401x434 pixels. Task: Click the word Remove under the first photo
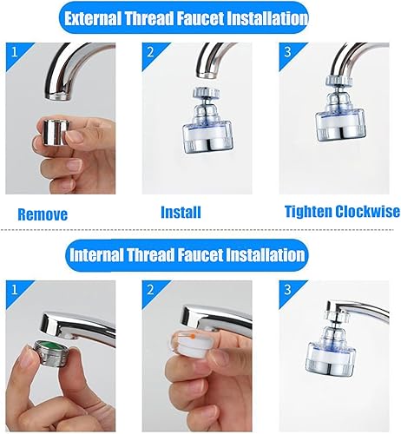43,214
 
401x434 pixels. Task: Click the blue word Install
181,212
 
